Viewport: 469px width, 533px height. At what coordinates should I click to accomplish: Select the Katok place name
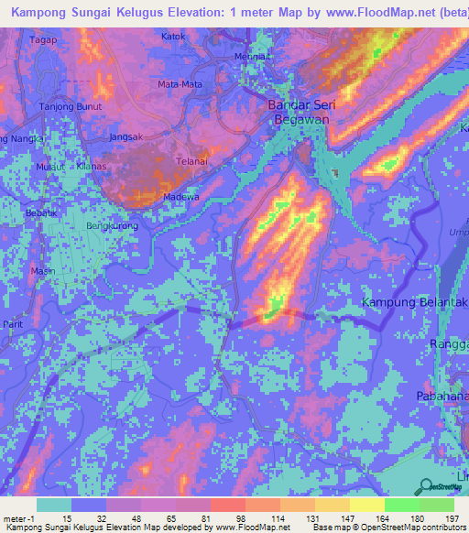tap(173, 37)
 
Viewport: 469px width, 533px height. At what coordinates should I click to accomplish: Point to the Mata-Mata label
tap(180, 84)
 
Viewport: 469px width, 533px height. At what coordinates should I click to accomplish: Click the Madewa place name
tap(180, 196)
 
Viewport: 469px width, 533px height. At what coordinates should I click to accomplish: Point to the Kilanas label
tap(92, 167)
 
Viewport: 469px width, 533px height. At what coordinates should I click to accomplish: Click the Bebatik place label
tap(41, 212)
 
